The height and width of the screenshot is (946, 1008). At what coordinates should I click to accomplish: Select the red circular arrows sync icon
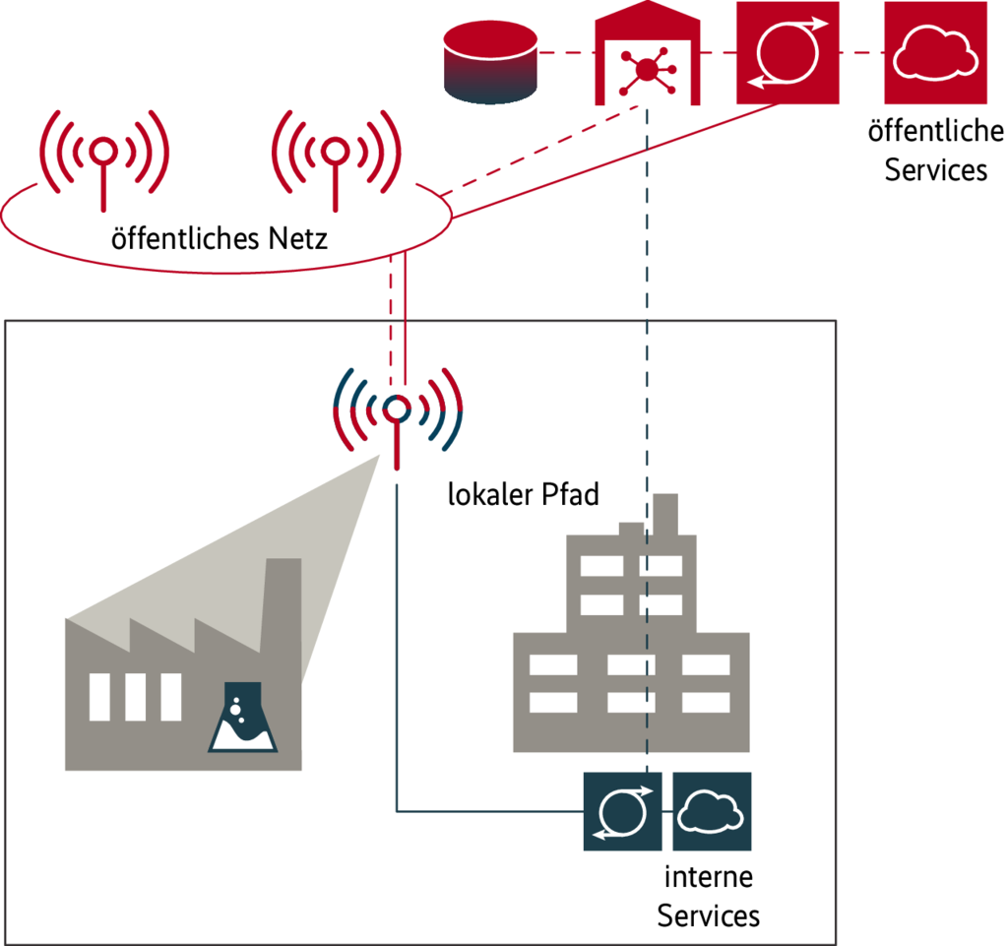coord(787,52)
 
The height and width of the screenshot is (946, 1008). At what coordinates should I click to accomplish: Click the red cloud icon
coord(934,52)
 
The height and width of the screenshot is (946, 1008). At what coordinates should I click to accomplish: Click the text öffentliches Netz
coord(220,238)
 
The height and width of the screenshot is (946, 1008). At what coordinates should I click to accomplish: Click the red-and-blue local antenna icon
coord(397,411)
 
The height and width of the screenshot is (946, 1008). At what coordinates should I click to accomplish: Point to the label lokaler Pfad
coord(523,494)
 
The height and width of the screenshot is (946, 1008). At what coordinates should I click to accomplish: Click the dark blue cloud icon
coord(712,811)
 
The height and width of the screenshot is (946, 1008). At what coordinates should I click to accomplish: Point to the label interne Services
coord(709,896)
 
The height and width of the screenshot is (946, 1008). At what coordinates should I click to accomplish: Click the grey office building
coord(630,650)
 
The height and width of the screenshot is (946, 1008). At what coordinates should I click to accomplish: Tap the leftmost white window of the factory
coord(99,697)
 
